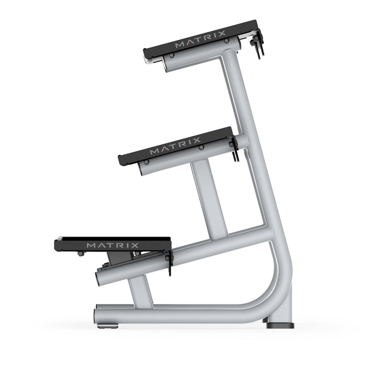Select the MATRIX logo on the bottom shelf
point(113,245)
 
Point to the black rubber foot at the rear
point(280,325)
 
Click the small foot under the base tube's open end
point(107,326)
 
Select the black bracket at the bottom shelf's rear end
point(169,261)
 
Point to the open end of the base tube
point(97,315)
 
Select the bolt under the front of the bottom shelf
point(80,253)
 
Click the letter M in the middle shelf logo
point(154,151)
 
